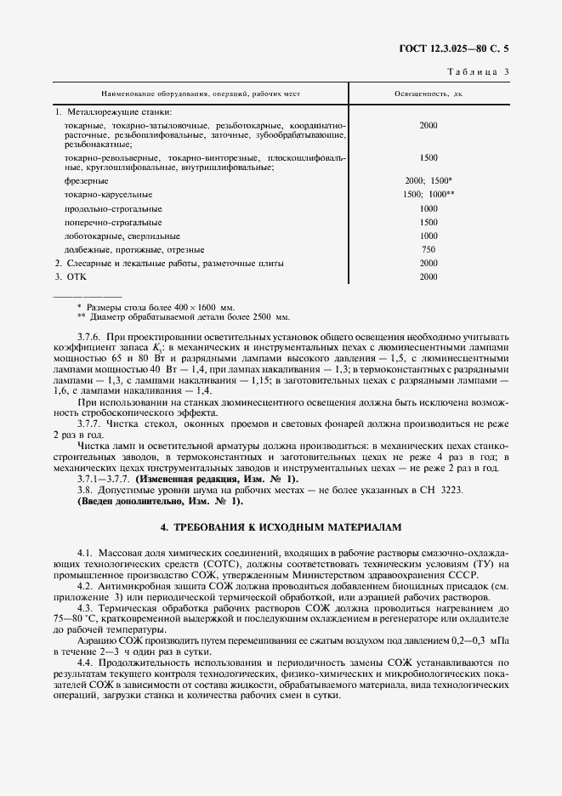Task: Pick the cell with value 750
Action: point(429,249)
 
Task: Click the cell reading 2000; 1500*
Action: point(429,181)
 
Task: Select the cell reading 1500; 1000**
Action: point(429,195)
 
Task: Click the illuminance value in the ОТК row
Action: point(429,276)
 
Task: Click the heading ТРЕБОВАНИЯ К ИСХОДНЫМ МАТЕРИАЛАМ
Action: point(280,527)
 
